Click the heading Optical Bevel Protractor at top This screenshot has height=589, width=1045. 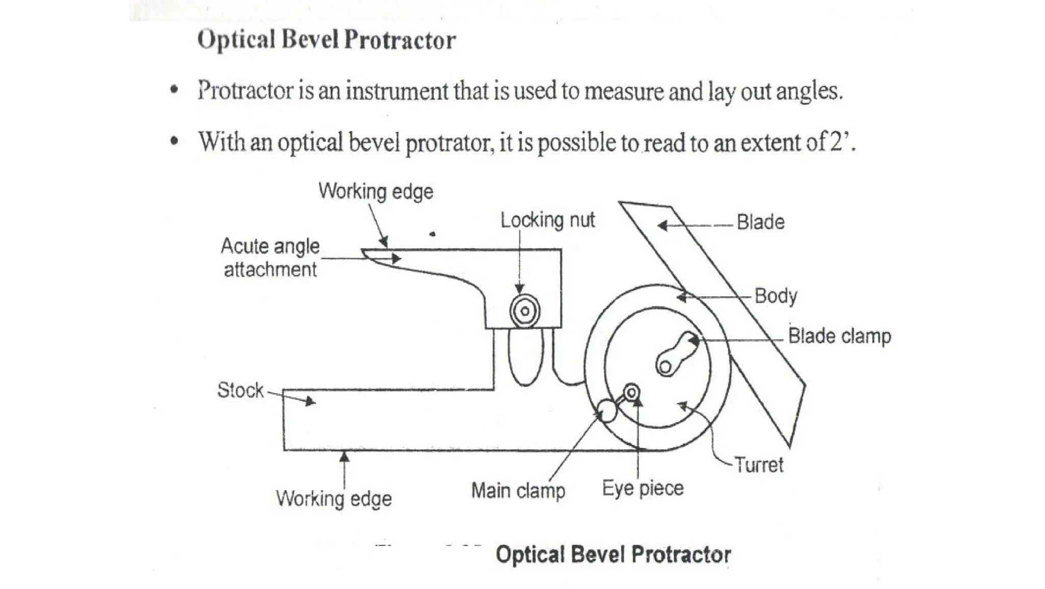click(x=326, y=40)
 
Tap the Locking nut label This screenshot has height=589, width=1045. click(x=547, y=220)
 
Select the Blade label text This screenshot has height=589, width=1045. click(x=760, y=222)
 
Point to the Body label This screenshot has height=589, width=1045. click(x=776, y=296)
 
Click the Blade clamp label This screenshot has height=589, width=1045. click(x=839, y=336)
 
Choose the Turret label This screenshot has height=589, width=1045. click(x=759, y=465)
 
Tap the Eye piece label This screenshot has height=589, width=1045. click(x=642, y=489)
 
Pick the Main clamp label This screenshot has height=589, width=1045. click(x=518, y=491)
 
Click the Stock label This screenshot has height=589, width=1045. click(x=240, y=390)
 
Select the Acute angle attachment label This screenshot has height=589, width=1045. click(x=270, y=258)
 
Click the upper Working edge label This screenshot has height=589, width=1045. click(x=376, y=191)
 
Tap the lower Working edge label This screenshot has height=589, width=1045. click(x=334, y=498)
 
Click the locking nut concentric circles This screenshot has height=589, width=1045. click(x=525, y=311)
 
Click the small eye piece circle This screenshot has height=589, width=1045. click(x=632, y=392)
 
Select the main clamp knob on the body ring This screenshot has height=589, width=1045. click(x=607, y=410)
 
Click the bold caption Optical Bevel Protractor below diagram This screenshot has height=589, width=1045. click(x=613, y=554)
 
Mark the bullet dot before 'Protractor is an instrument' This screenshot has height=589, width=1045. click(x=175, y=91)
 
